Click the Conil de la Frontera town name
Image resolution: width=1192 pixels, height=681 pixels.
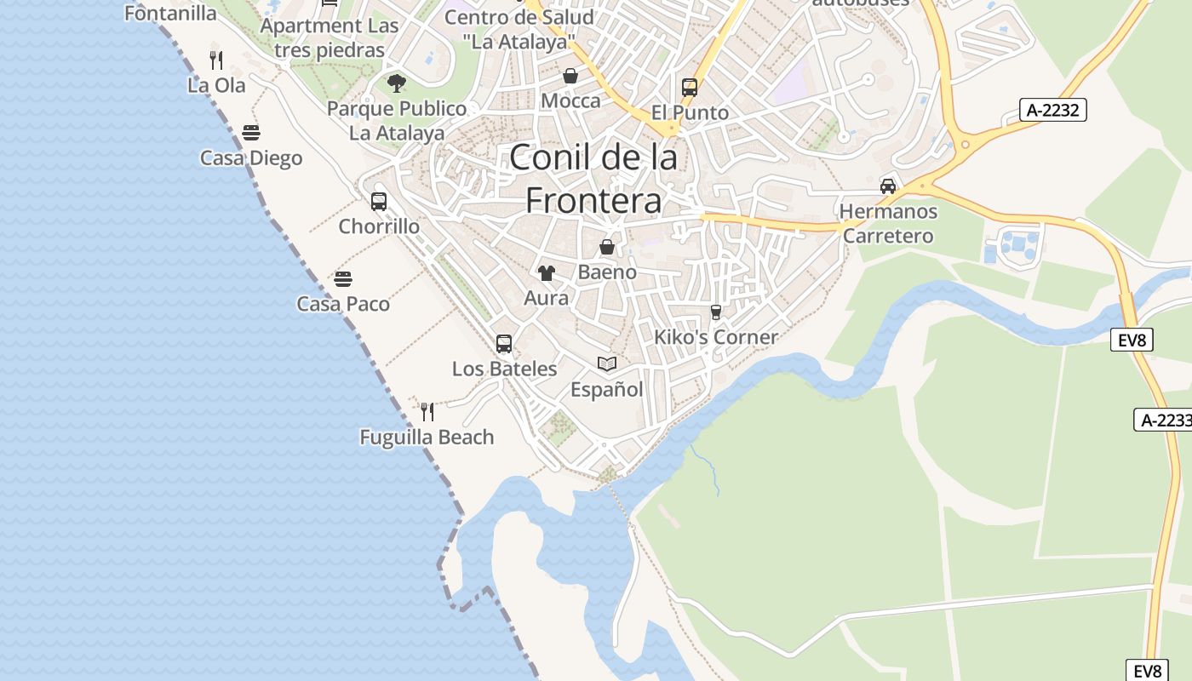pos(593,179)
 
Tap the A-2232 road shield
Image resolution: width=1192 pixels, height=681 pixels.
pos(1054,110)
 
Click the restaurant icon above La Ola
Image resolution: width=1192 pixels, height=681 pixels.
pos(216,60)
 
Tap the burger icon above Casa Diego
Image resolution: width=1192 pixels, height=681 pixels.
pos(250,133)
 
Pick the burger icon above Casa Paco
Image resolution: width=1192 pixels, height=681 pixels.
pos(343,279)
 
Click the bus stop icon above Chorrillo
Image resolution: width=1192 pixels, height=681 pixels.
pos(379,202)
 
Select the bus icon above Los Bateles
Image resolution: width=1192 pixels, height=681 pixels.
pos(504,344)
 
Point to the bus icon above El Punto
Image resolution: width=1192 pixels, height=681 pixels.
pos(690,88)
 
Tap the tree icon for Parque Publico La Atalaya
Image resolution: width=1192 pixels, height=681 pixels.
pos(396,83)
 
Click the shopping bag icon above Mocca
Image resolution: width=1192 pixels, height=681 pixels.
pos(570,77)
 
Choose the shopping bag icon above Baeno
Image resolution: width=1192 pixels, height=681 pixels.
pos(607,248)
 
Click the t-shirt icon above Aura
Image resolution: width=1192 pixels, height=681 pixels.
pos(546,273)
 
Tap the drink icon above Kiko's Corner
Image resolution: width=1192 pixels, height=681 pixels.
pos(715,312)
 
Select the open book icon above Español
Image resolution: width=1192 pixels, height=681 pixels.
pos(606,364)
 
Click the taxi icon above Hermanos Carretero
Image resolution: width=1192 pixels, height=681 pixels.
pos(888,186)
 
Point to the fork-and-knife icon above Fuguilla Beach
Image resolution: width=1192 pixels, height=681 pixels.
pos(427,412)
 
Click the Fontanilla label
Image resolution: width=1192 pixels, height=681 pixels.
pos(170,13)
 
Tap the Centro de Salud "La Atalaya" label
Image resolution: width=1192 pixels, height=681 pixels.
pos(519,29)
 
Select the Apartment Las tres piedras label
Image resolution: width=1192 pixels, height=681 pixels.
pos(330,38)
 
